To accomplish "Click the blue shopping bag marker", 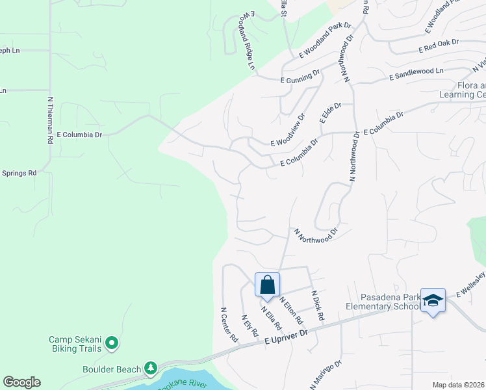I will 267,285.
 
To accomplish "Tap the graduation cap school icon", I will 433,300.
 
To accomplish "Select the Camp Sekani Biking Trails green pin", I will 112,341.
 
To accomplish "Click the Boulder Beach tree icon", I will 151,369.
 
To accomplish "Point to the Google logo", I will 21,382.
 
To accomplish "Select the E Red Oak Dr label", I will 439,45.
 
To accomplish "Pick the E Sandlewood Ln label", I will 416,73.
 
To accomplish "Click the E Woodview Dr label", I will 288,131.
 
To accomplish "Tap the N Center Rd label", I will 229,325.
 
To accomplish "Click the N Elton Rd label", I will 291,311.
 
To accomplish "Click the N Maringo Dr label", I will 326,374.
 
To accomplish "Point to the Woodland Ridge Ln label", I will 249,40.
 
